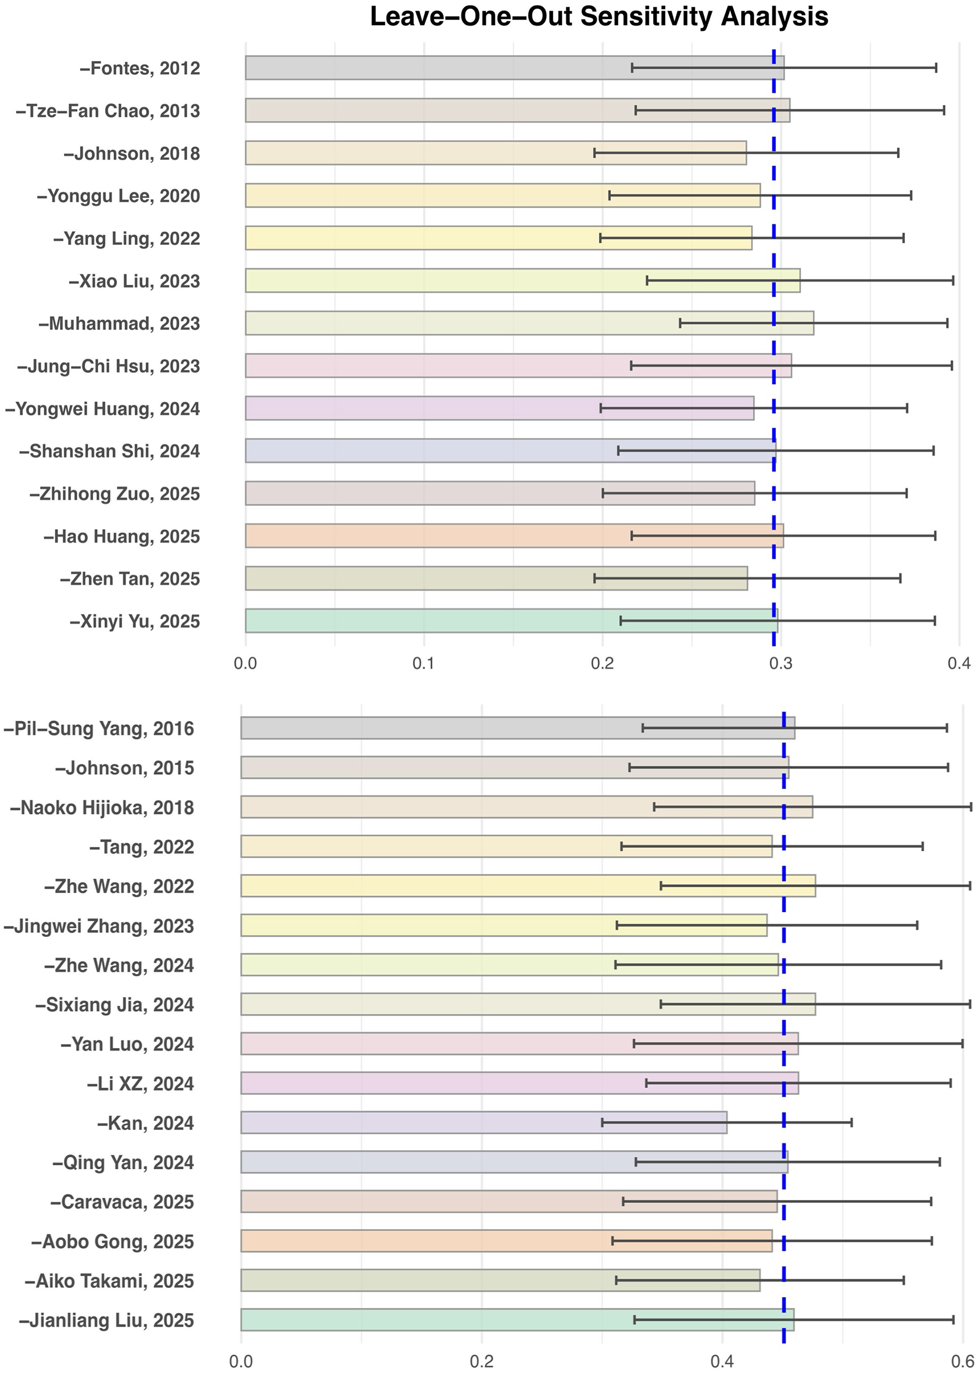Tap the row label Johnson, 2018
(132, 154)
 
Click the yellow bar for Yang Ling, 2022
(421, 238)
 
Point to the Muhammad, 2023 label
(119, 324)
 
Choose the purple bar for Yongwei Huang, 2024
(421, 408)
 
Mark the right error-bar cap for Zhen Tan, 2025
(900, 578)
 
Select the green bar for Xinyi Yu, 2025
(421, 621)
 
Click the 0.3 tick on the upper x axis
(780, 663)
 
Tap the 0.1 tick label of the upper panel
(424, 663)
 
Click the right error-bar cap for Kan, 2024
(851, 1122)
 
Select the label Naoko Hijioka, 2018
(102, 808)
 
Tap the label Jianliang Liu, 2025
(107, 1320)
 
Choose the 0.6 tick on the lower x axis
(963, 1362)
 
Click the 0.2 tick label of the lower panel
(482, 1362)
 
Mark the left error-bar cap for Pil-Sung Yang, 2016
(643, 727)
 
